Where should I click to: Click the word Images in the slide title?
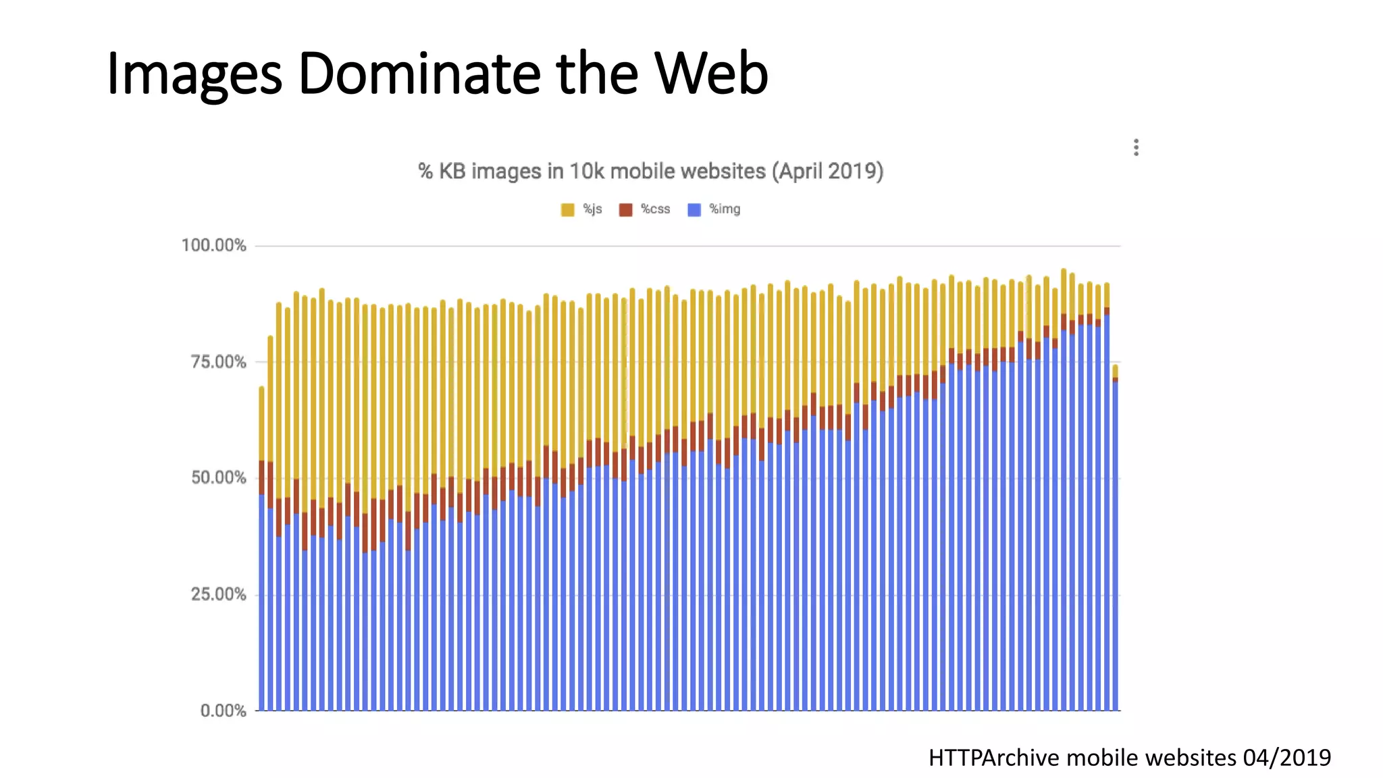click(x=194, y=74)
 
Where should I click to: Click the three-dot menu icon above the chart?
click(x=1136, y=147)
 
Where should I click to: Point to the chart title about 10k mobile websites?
click(x=650, y=172)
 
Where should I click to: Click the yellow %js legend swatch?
click(x=567, y=210)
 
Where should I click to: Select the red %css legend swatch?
click(x=625, y=210)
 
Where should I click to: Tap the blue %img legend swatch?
click(x=694, y=210)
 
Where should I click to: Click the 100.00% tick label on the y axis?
click(x=213, y=245)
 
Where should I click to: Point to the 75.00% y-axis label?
click(x=218, y=362)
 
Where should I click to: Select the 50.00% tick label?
click(x=218, y=478)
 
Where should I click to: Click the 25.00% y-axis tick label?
click(x=218, y=594)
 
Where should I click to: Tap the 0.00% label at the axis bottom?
click(x=223, y=710)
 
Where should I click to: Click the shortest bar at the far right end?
click(x=1115, y=540)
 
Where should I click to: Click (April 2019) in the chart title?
click(x=827, y=172)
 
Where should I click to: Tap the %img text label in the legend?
click(x=725, y=209)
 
